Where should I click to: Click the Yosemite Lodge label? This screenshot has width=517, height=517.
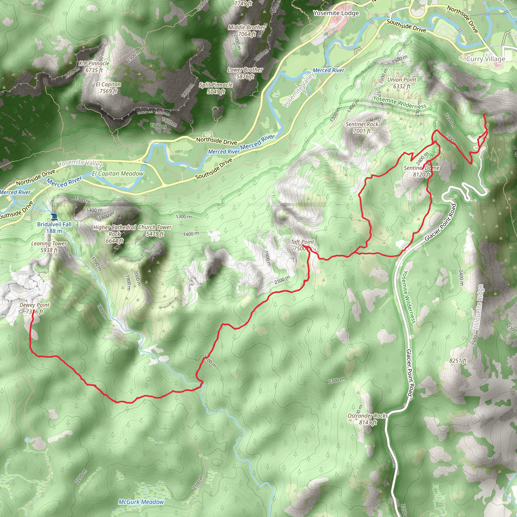tap(336, 13)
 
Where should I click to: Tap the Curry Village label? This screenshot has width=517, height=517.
tap(485, 59)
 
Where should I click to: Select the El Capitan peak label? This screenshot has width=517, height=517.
tap(108, 85)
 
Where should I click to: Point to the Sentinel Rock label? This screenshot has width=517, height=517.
tap(362, 124)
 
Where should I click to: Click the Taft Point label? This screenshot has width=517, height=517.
tap(302, 242)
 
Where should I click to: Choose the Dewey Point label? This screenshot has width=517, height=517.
tap(35, 305)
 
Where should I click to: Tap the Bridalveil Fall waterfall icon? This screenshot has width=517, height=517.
tap(54, 217)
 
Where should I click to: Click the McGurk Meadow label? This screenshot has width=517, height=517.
tap(141, 502)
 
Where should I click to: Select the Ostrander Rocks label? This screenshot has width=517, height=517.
tap(368, 416)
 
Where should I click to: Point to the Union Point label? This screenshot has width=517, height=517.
tap(402, 80)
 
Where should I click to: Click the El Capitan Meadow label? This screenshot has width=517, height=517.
tap(118, 174)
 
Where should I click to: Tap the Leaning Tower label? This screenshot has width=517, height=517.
tap(49, 244)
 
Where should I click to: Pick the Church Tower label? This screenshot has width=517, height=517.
tap(155, 227)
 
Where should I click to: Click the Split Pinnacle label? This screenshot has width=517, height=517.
tap(216, 85)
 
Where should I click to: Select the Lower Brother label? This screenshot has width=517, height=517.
tap(245, 70)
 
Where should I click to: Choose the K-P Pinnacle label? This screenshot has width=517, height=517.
tap(94, 63)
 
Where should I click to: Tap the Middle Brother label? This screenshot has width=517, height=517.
tap(247, 27)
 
